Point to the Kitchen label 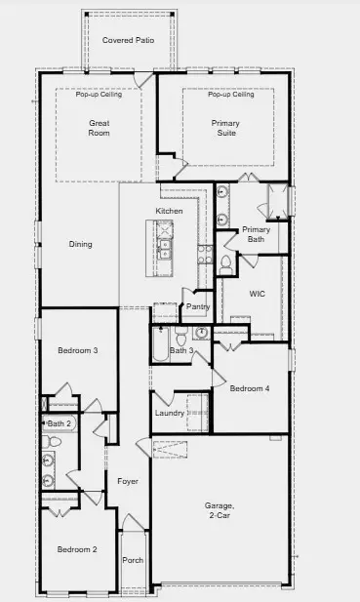point(170,211)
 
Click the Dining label point(80,244)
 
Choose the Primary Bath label point(256,234)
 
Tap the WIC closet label point(258,292)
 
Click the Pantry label point(198,307)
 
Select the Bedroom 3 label point(76,350)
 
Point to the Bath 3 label point(181,350)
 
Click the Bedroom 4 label point(249,388)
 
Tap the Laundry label point(170,414)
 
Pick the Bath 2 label point(60,423)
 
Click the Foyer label point(128,481)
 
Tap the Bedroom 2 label point(76,550)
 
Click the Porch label point(132,561)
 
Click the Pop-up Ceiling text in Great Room point(98,95)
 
